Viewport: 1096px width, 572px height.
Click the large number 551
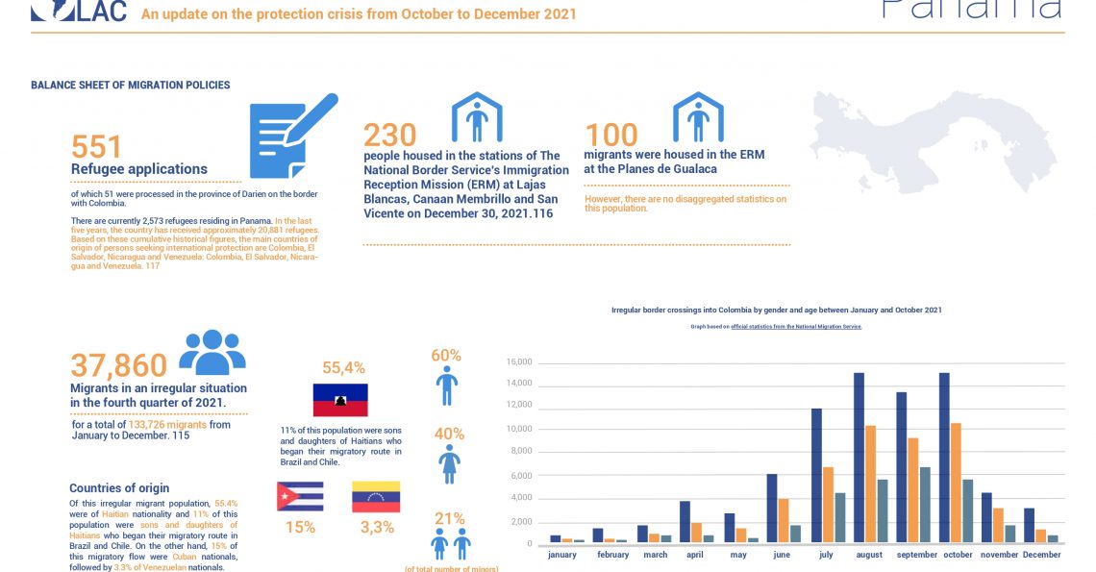(97, 146)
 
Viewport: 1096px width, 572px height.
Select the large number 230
(389, 134)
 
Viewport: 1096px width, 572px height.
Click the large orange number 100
(611, 135)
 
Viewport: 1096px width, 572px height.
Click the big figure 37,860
(118, 364)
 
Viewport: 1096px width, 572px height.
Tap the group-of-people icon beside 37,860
(212, 352)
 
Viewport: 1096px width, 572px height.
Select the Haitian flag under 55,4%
(340, 400)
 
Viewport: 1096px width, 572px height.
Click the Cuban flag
(300, 496)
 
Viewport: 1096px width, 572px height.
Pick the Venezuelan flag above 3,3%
(375, 496)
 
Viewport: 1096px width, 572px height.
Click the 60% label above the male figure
(446, 356)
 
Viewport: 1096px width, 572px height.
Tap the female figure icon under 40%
(448, 463)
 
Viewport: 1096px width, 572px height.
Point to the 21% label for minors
(449, 518)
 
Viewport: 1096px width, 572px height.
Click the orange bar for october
(955, 483)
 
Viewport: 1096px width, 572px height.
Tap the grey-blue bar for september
(925, 505)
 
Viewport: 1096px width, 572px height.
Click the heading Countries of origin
(119, 487)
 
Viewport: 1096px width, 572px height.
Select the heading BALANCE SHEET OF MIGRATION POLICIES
(130, 85)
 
